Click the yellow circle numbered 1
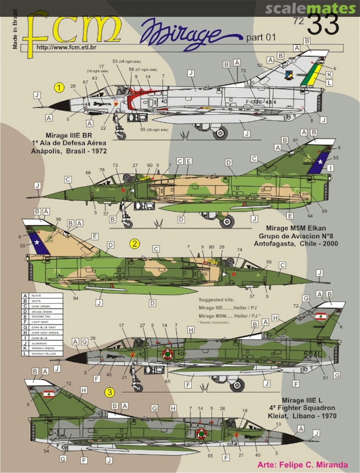pyautogui.click(x=59, y=88)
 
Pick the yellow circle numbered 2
pyautogui.click(x=134, y=244)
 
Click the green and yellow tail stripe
pyautogui.click(x=316, y=74)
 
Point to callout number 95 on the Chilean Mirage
pyautogui.click(x=268, y=262)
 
